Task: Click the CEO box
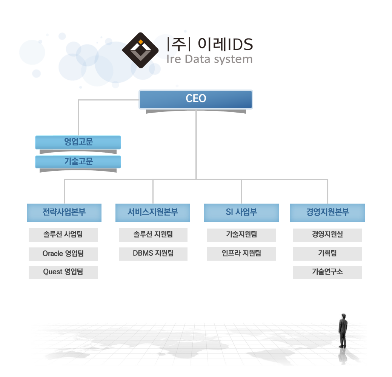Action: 196,99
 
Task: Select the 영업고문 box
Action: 78,142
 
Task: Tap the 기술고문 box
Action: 78,162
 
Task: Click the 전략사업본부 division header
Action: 64,213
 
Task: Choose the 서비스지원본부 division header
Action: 153,213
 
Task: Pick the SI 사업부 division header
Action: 241,213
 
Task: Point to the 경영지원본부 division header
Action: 327,213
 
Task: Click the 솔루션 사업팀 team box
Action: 63,235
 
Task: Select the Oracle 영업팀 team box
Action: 63,254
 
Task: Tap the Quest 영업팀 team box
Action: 63,272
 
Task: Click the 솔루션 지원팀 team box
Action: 153,235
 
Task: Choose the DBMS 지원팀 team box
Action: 153,254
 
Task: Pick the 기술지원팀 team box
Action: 241,235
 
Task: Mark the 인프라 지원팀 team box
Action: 241,254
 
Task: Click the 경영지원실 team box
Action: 327,235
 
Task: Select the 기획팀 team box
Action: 327,254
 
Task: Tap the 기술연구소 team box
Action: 327,272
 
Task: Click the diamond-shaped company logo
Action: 140,50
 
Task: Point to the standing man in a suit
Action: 343,331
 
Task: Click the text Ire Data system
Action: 209,60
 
